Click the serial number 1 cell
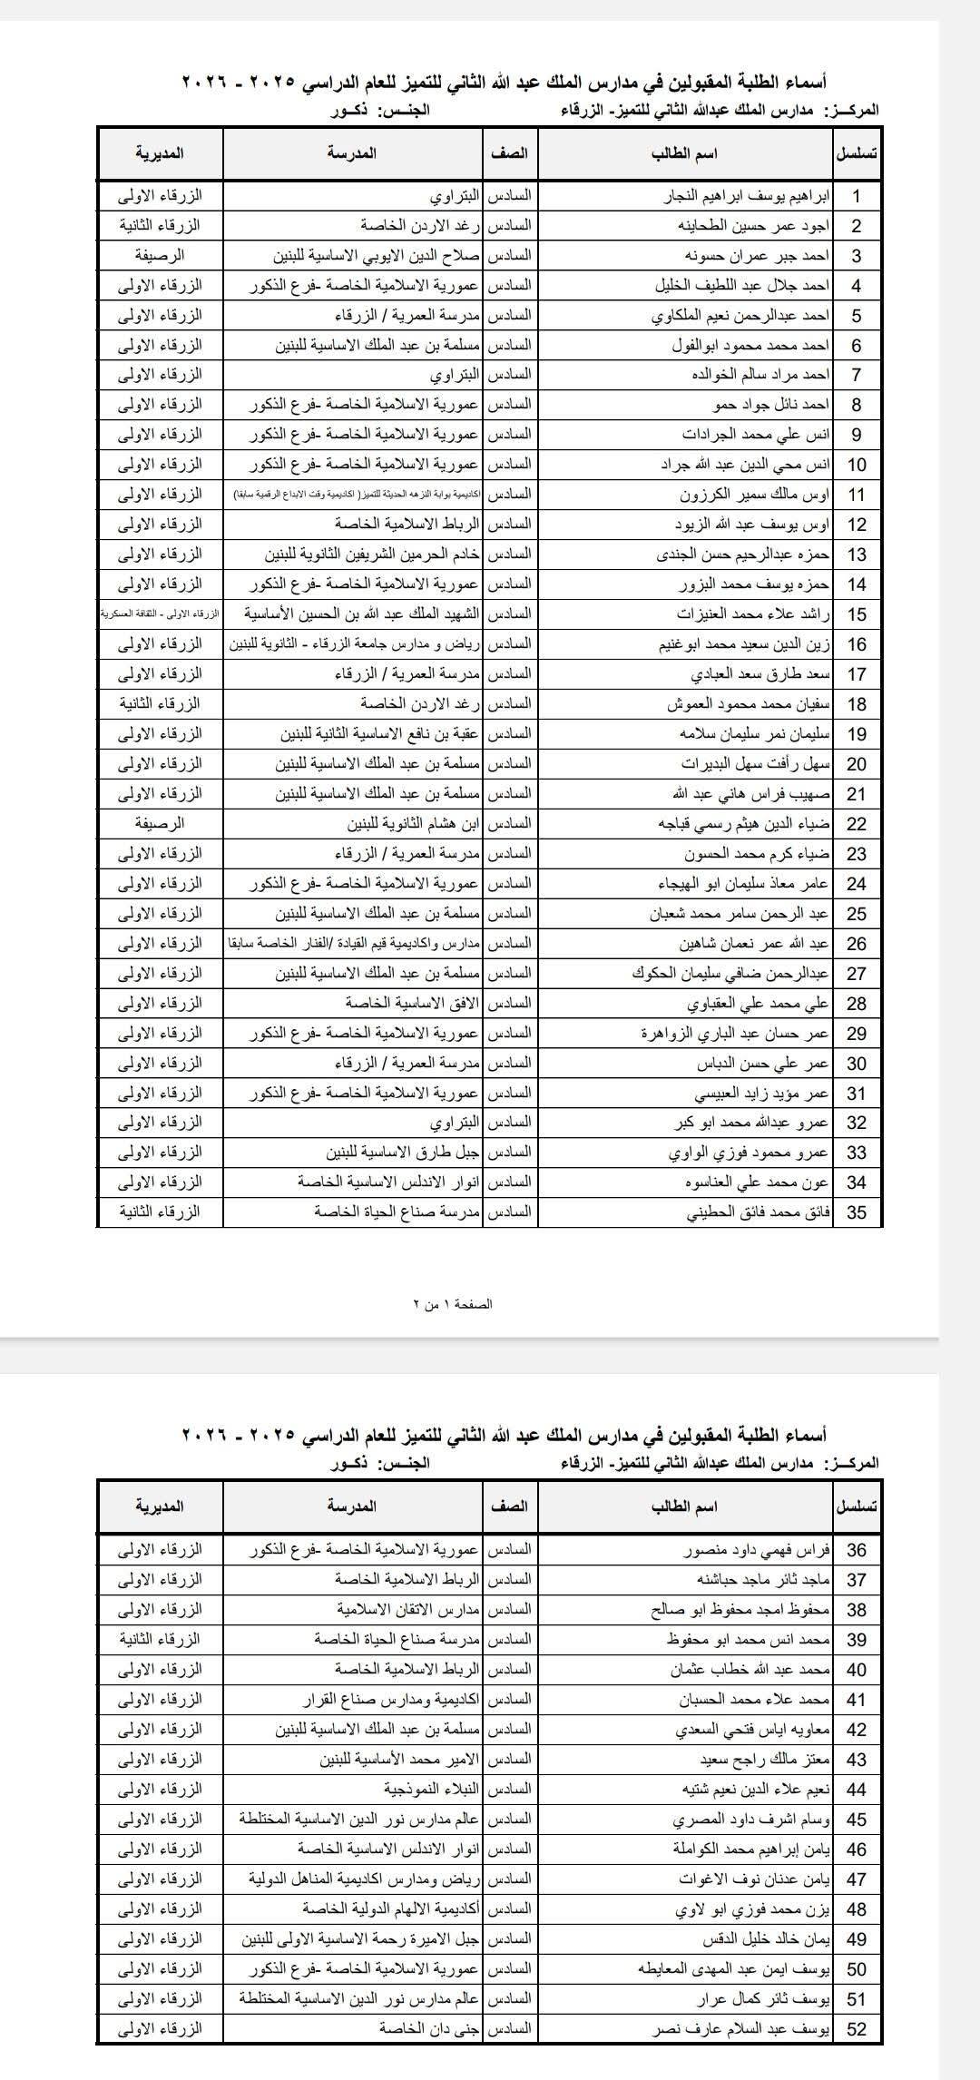tap(857, 197)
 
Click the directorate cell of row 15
tap(160, 614)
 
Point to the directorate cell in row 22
tap(160, 824)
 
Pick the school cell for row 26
tap(354, 944)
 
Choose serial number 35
tap(857, 1212)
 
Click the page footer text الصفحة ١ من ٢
tap(454, 1304)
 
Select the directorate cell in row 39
tap(160, 1639)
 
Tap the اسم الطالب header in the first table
tap(684, 153)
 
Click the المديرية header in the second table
tap(160, 1506)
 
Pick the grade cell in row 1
tap(510, 196)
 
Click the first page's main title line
tap(505, 83)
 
